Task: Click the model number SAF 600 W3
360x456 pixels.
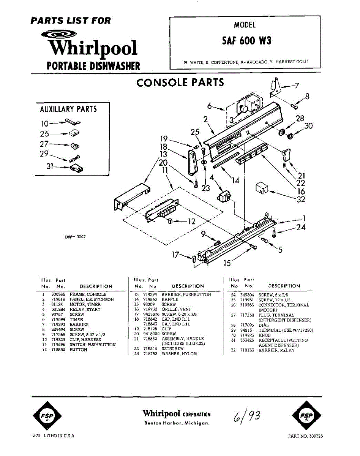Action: [x=246, y=41]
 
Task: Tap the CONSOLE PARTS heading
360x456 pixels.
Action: [x=180, y=83]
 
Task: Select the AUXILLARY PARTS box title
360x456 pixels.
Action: [x=68, y=109]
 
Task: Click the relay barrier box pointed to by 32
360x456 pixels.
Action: [x=261, y=187]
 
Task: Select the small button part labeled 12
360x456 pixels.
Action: [x=170, y=221]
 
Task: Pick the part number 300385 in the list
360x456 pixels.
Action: [x=57, y=294]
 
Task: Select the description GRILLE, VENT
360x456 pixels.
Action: [x=177, y=309]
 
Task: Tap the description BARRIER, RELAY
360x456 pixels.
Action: [x=276, y=350]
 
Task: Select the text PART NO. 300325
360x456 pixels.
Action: [x=305, y=436]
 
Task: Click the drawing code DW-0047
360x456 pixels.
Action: [x=75, y=236]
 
